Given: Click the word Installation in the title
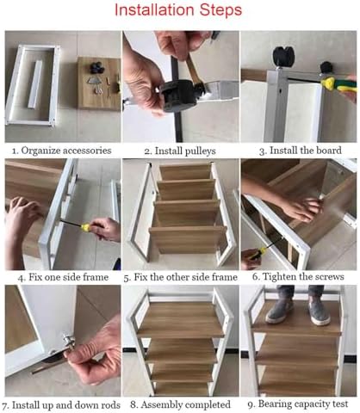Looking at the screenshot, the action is click(155, 10).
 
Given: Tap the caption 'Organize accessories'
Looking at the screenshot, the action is click(66, 151).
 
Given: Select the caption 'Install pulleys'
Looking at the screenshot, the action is click(185, 151).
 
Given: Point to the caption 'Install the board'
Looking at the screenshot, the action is click(306, 151).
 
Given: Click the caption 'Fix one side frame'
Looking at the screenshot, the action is click(69, 277).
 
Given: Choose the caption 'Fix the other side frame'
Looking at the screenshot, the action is click(186, 277).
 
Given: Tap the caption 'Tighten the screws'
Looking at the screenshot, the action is click(303, 277).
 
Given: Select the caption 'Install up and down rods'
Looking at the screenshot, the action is click(66, 405).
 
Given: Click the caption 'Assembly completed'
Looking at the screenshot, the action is click(185, 405).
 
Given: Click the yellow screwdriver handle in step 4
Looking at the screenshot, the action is click(87, 227).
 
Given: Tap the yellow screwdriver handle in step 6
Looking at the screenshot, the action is click(257, 254).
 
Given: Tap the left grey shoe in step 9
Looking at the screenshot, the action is click(278, 311).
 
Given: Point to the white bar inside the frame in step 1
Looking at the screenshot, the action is click(35, 84).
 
